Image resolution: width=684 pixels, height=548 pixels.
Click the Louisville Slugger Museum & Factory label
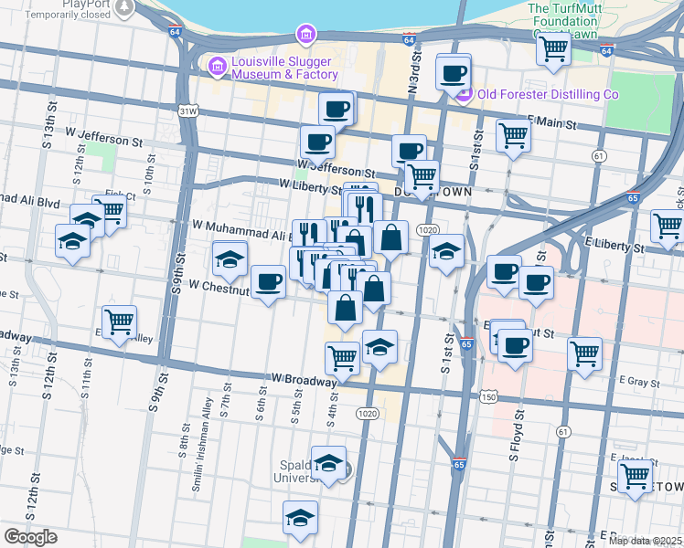coord(284,68)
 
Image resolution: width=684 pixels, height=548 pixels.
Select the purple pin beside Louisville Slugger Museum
coord(217,65)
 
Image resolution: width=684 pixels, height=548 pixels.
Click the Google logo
coord(30,537)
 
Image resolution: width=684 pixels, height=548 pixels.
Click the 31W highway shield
coord(188,111)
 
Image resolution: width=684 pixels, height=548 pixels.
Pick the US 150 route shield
coord(489,396)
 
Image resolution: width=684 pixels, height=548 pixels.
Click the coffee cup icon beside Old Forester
coord(453,71)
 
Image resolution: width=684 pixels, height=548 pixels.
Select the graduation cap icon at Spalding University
coord(328,463)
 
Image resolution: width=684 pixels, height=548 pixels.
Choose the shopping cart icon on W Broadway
coord(342,357)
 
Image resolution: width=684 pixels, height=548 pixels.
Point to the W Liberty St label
coord(310,186)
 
